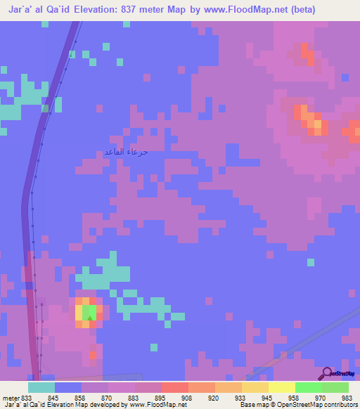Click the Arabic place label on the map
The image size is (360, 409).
(x=126, y=152)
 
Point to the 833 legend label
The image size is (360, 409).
(x=27, y=398)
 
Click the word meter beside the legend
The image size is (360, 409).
(x=11, y=398)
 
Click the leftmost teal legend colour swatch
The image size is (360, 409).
(x=41, y=387)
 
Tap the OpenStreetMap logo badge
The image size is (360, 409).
(x=339, y=373)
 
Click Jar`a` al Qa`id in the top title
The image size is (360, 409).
(x=36, y=9)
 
